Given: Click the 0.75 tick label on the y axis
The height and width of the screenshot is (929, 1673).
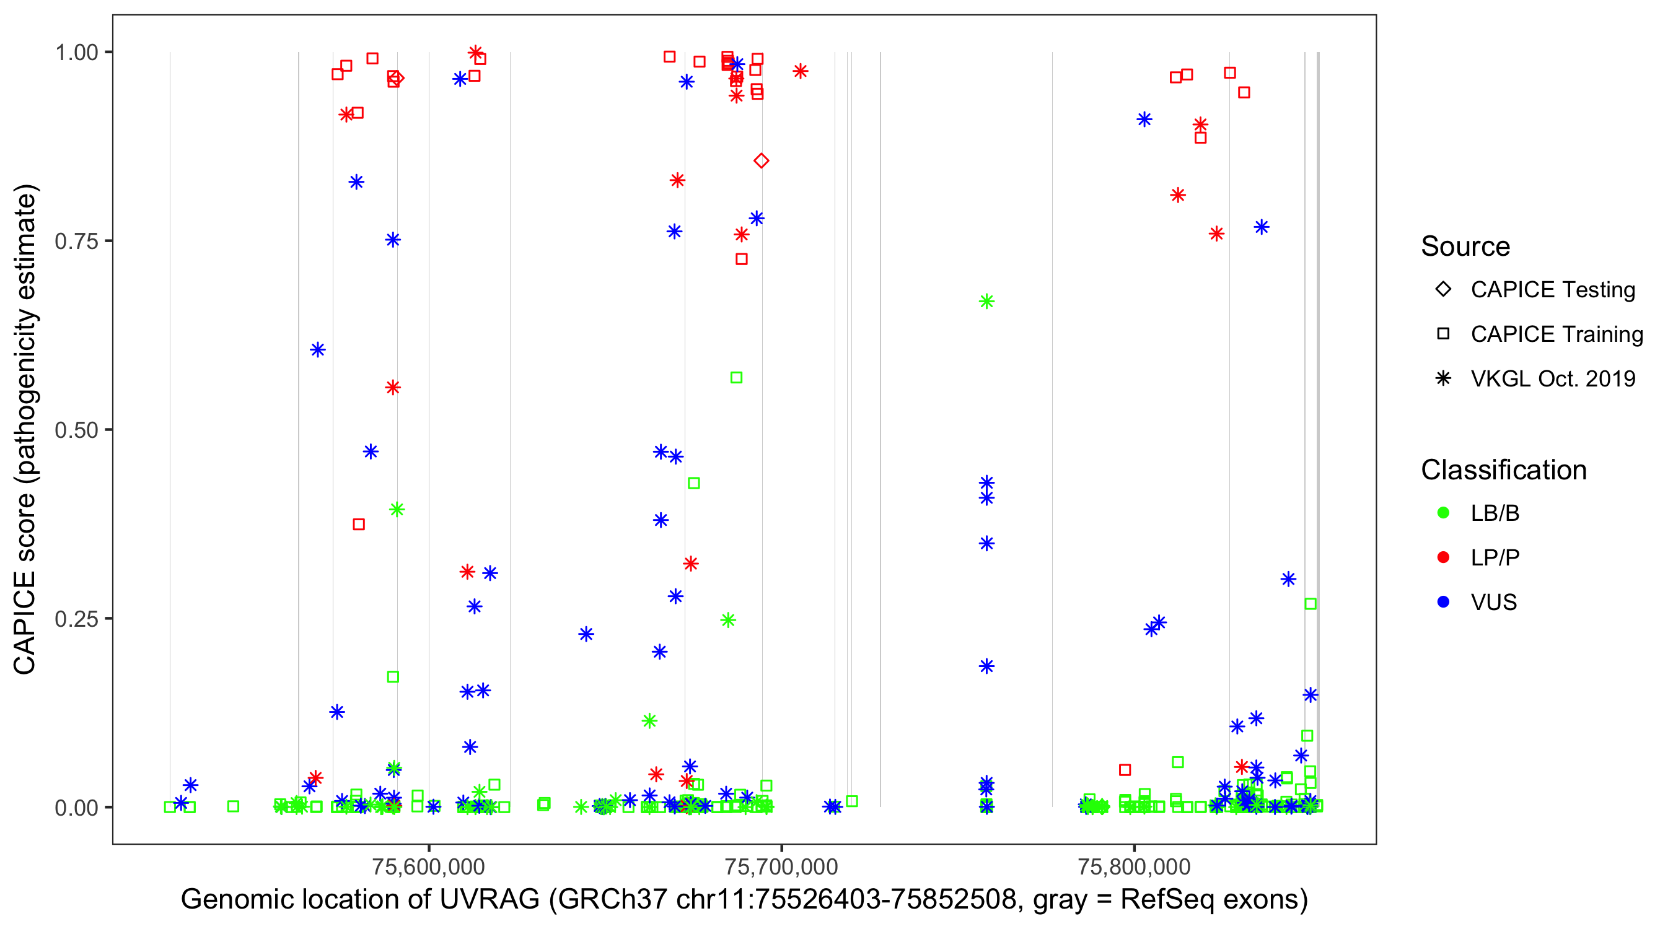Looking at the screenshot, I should (76, 242).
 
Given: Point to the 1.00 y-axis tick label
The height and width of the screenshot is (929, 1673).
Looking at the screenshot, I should (76, 53).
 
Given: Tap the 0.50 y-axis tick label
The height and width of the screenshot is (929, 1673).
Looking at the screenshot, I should (76, 430).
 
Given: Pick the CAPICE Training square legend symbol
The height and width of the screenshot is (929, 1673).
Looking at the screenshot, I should (1443, 334).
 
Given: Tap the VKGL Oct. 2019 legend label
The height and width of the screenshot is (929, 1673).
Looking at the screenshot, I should (1553, 378).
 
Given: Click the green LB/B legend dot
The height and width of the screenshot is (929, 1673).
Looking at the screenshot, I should (1443, 513).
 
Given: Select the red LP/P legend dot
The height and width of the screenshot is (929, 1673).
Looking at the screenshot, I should (1443, 557).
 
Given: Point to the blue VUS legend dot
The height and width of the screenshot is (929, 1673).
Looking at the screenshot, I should (1443, 602).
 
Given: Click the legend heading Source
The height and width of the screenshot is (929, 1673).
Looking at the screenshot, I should (1465, 246).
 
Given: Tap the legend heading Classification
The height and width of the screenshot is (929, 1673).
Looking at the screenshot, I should (1503, 470).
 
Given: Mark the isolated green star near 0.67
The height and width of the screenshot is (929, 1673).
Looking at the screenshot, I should (986, 301).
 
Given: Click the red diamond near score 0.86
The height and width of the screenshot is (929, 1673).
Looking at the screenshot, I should (761, 160).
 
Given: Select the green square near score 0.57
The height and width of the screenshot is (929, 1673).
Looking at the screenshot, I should (736, 378).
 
